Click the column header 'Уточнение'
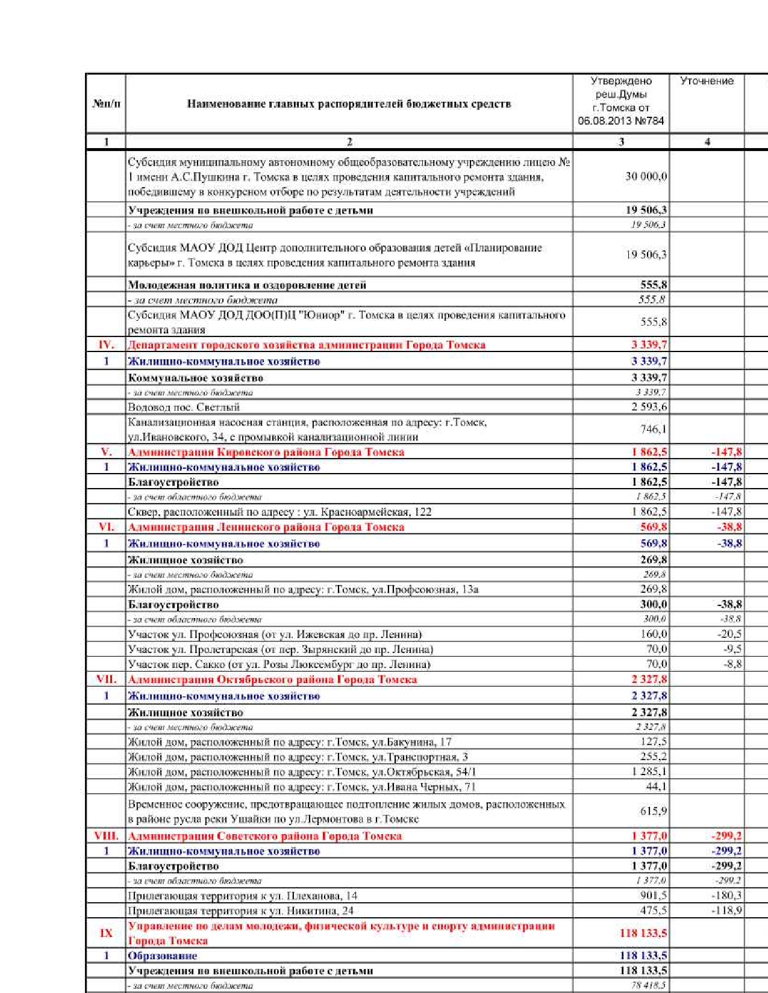(707, 81)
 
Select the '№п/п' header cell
(107, 104)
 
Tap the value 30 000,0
(646, 176)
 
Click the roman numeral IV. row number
(106, 345)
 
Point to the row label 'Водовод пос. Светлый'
(184, 407)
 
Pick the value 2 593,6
(649, 407)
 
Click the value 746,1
(654, 429)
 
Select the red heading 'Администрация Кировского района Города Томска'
(266, 452)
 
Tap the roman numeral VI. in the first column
(106, 527)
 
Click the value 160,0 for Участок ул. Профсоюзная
(654, 634)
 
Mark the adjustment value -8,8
(732, 664)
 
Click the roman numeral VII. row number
(106, 679)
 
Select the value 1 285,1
(649, 772)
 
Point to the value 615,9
(654, 811)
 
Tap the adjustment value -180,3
(727, 896)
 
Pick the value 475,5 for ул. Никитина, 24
(654, 911)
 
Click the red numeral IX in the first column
(106, 933)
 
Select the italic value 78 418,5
(648, 986)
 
